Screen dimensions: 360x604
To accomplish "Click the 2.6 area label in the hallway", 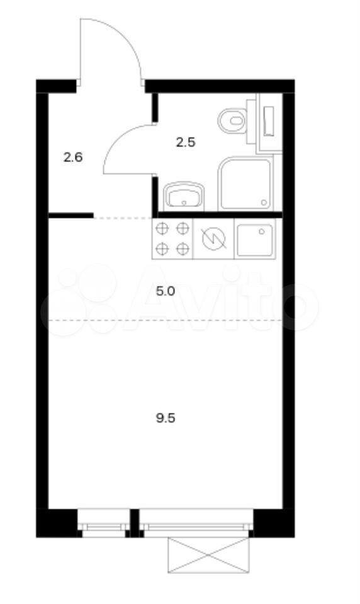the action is pyautogui.click(x=73, y=157).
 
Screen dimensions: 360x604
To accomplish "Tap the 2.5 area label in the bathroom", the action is pyautogui.click(x=186, y=143).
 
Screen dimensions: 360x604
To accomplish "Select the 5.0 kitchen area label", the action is pyautogui.click(x=166, y=291).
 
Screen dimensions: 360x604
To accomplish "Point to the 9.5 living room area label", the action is pyautogui.click(x=166, y=418).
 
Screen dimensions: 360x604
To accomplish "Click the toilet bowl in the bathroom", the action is pyautogui.click(x=232, y=121).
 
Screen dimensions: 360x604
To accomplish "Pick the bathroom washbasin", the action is pyautogui.click(x=184, y=196).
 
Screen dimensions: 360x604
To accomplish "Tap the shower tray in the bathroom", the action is pyautogui.click(x=245, y=184).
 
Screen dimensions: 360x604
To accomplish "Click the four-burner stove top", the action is pyautogui.click(x=172, y=239).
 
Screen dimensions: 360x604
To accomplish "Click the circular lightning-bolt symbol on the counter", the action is pyautogui.click(x=213, y=239).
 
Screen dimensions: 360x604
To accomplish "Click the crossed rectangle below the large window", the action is pyautogui.click(x=208, y=555).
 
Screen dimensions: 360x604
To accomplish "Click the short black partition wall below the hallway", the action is pyautogui.click(x=71, y=215).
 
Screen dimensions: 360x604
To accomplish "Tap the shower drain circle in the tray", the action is pyautogui.click(x=264, y=202).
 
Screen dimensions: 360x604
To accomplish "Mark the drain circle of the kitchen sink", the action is pyautogui.click(x=262, y=232).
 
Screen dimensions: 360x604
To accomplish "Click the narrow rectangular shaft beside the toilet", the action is pyautogui.click(x=269, y=121).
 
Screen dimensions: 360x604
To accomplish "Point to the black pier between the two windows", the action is pyautogui.click(x=135, y=523).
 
